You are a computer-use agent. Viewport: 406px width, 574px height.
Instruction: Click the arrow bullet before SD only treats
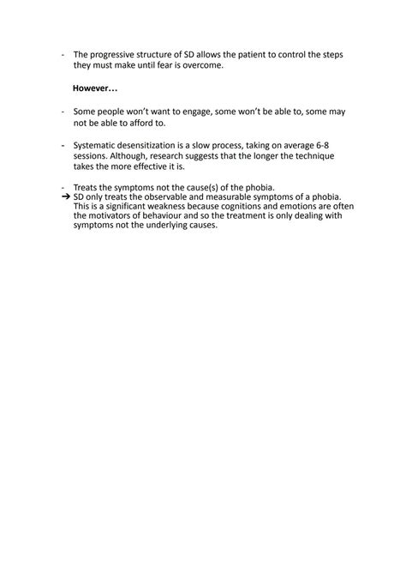tap(66, 196)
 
